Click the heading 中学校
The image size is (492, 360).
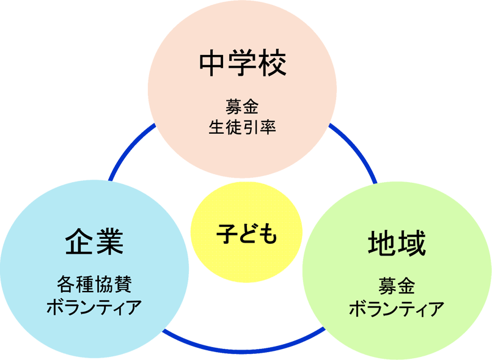(243, 63)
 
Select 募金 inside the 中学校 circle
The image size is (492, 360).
(243, 108)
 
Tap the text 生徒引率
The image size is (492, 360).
(243, 128)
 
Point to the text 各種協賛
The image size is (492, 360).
(94, 284)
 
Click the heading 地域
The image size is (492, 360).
(397, 243)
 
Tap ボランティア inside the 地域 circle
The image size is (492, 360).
(397, 308)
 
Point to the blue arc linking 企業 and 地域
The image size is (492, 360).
(244, 349)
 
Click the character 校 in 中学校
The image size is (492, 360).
(271, 63)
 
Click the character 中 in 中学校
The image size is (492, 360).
(213, 63)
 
